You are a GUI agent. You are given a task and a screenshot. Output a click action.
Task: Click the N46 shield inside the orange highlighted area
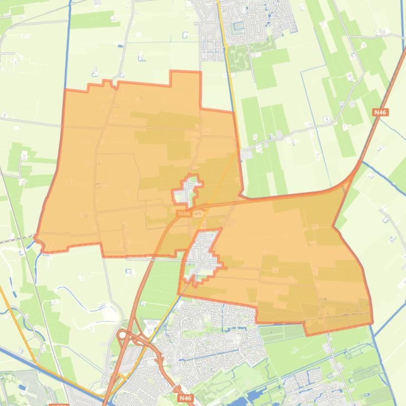(183, 214)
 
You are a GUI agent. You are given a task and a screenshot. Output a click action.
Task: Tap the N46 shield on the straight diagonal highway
(380, 112)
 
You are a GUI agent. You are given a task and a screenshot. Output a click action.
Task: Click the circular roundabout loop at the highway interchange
(123, 335)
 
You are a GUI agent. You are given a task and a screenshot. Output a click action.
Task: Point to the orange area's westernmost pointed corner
(36, 237)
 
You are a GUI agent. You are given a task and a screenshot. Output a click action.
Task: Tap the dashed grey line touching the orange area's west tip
(16, 241)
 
